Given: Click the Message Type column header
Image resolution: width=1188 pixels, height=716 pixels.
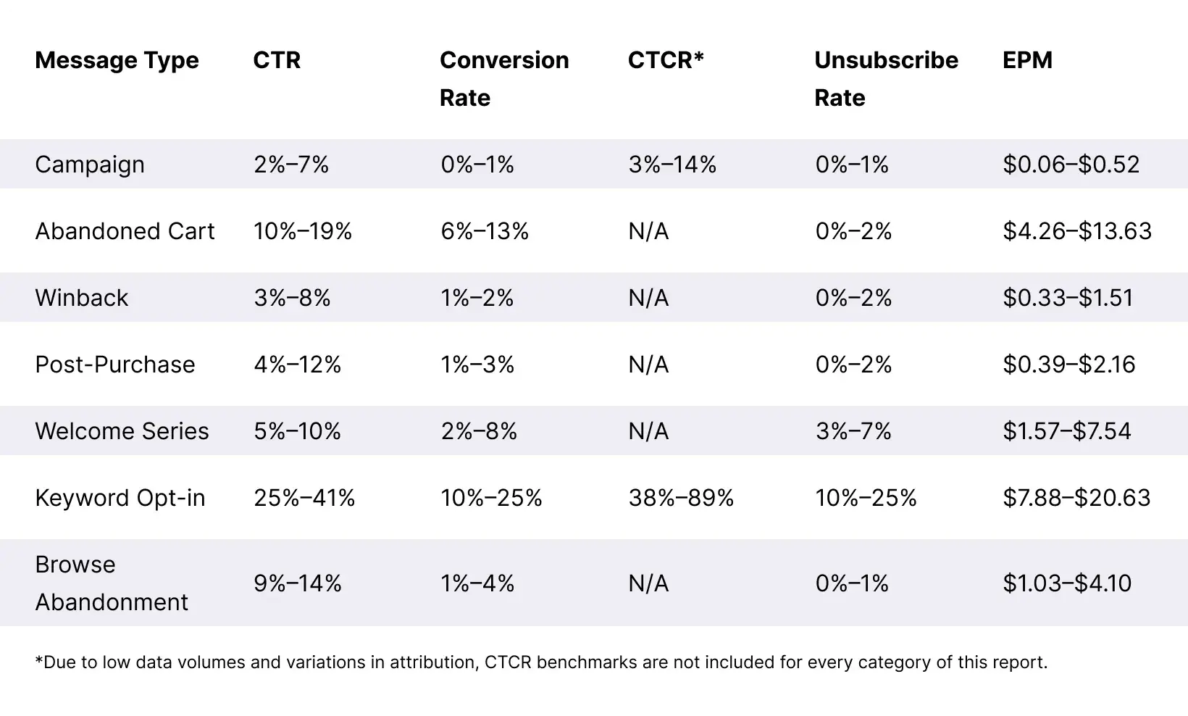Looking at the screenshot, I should (x=117, y=60).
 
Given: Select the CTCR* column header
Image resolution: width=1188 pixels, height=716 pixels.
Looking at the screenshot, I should (x=665, y=60).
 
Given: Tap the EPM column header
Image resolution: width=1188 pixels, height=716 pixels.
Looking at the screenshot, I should (x=1027, y=60).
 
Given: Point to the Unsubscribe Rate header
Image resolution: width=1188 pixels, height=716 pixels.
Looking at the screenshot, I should (x=885, y=78).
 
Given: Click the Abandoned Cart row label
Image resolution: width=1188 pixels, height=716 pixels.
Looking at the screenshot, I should (x=125, y=231).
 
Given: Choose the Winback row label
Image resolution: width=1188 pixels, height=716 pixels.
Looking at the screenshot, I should (x=81, y=298).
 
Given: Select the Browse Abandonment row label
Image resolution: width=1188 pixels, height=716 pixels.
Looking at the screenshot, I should (x=111, y=583).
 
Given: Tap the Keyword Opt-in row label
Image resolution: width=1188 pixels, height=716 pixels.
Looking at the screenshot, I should (x=120, y=498).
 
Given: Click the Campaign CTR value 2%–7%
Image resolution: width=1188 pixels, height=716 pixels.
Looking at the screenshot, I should (x=291, y=165).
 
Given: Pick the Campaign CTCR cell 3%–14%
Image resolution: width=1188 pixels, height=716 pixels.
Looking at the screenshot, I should (x=672, y=165).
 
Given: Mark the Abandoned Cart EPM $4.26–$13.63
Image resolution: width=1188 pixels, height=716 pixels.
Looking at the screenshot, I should (x=1076, y=231).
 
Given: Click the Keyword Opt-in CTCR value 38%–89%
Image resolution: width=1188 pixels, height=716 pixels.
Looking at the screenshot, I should (x=681, y=498).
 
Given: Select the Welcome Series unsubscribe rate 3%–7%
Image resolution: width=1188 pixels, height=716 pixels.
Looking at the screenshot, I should (x=853, y=431).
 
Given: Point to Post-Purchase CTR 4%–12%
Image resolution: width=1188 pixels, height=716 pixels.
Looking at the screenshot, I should (x=297, y=365).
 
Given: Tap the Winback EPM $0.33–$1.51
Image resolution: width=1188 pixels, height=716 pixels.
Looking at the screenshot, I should (x=1068, y=298).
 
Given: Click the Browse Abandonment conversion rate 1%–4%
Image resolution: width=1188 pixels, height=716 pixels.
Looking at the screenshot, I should (x=477, y=583).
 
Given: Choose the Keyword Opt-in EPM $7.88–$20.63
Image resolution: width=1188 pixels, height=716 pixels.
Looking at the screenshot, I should (x=1076, y=498).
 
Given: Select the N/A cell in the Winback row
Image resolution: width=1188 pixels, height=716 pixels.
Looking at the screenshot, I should (x=648, y=298).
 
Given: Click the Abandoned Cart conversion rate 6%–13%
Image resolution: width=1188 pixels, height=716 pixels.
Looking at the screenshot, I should (x=485, y=231).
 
